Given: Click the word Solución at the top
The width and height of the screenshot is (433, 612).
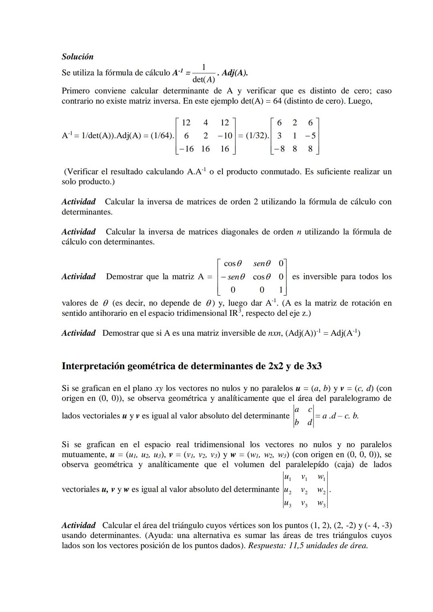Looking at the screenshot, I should point(77,57).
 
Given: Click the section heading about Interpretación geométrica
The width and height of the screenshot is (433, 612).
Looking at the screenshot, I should point(192,366).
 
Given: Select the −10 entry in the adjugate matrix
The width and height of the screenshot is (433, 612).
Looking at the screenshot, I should point(225,136).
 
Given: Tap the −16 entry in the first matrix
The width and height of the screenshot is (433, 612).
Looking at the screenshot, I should point(186,149).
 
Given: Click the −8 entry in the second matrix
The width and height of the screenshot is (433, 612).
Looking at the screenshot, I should point(279,149).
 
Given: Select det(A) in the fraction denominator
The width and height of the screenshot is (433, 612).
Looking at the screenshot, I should point(203,79).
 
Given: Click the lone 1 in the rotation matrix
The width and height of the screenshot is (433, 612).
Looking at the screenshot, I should point(281,289).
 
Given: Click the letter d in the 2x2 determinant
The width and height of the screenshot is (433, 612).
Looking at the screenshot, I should point(310,422).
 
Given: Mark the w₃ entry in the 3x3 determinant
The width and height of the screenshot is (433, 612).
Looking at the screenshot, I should point(321,503).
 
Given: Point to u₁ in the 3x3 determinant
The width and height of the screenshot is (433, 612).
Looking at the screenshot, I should point(287,477).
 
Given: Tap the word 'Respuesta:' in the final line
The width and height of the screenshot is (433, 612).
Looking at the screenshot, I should point(267,545).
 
